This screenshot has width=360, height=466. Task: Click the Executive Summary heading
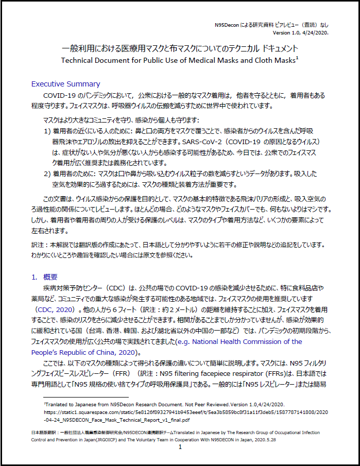(65, 83)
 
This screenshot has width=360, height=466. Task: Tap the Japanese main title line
(180, 48)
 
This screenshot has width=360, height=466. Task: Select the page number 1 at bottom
(180, 447)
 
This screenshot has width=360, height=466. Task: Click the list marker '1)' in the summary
(47, 131)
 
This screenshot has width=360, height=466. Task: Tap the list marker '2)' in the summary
(47, 174)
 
